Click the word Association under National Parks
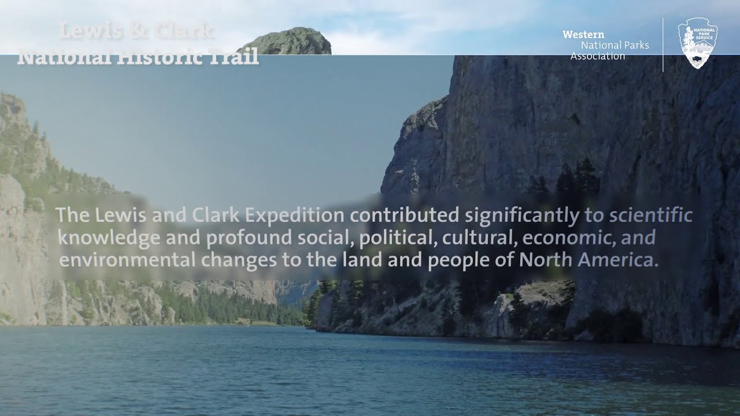(x=598, y=56)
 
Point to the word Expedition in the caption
(x=296, y=216)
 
